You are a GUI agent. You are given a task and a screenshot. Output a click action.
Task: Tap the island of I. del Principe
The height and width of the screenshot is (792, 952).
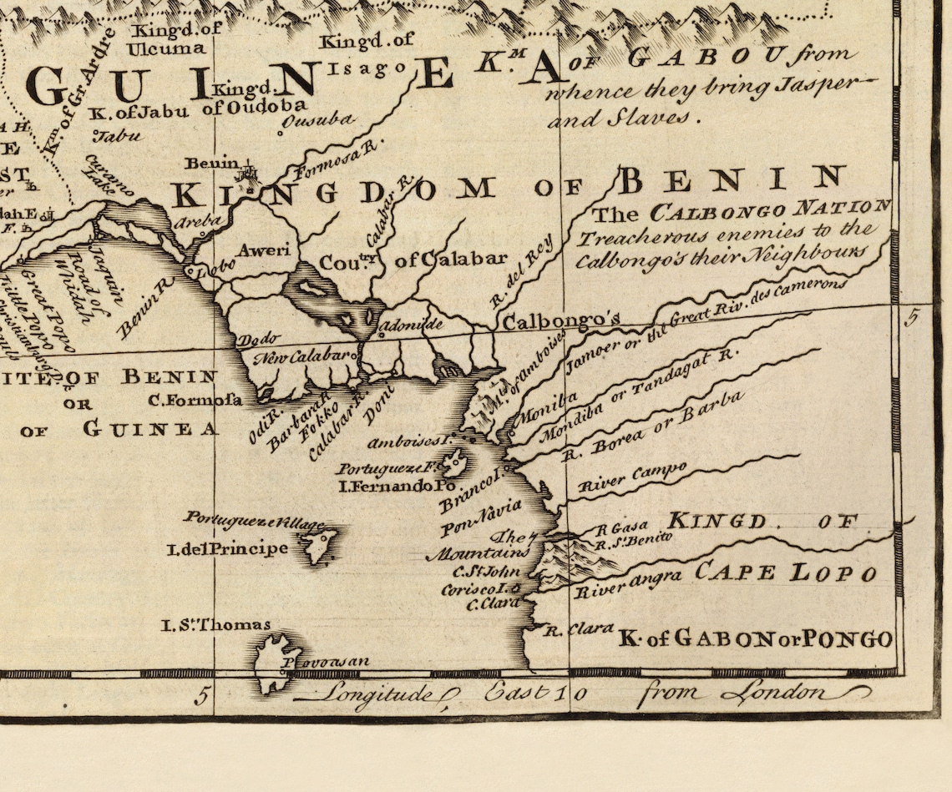[318, 544]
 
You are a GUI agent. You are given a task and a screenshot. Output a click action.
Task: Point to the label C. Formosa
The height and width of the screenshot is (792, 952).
[195, 400]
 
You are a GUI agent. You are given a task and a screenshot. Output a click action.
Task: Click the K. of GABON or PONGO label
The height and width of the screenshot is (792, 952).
[755, 639]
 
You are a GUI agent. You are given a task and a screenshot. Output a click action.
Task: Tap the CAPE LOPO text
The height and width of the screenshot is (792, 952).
[786, 573]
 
